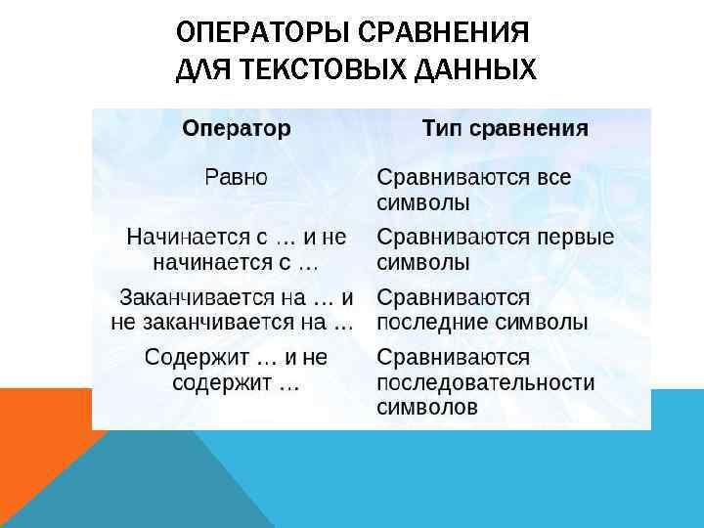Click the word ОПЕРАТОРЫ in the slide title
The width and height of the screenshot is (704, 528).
267,34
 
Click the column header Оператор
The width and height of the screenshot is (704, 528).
237,129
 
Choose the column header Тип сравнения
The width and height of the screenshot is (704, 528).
505,129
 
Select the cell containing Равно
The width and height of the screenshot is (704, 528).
236,178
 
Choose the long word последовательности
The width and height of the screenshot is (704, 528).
485,382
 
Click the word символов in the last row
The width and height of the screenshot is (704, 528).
427,408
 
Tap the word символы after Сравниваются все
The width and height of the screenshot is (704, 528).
423,203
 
